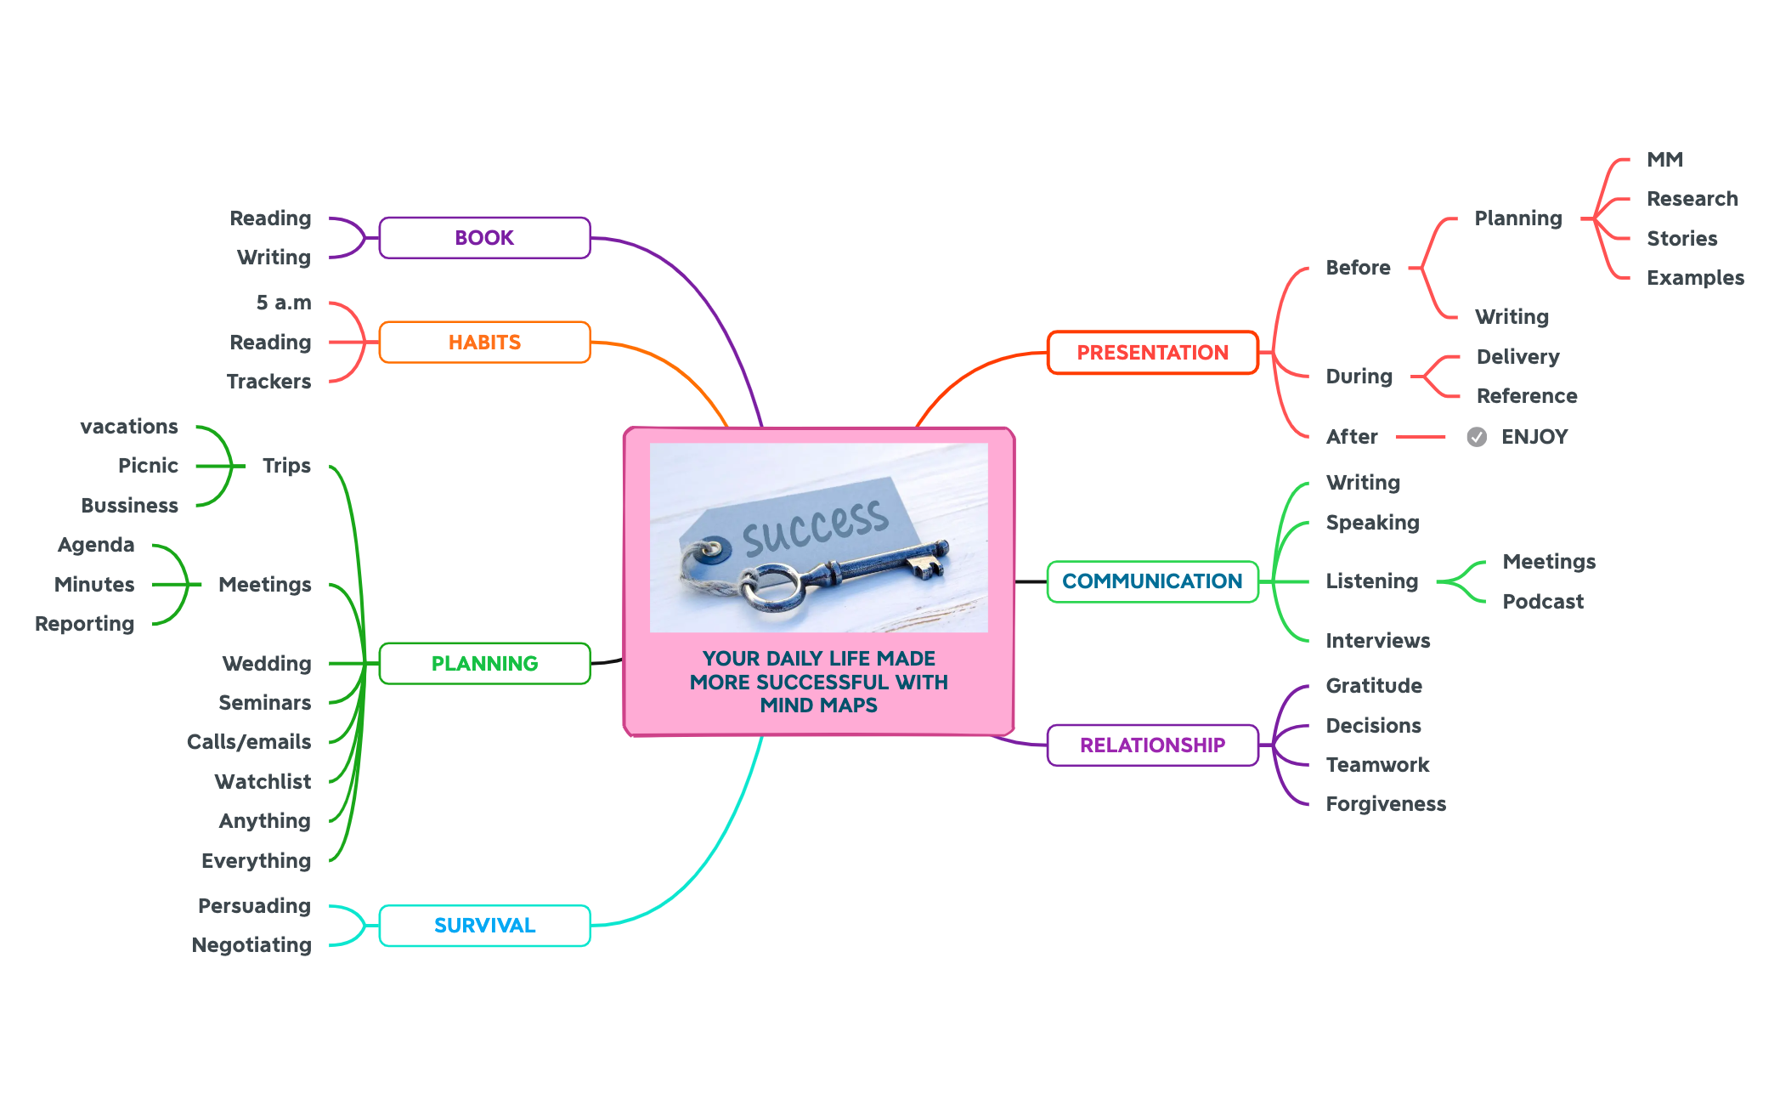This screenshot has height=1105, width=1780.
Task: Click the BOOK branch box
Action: tap(484, 238)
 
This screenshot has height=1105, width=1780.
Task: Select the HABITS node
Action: tap(484, 343)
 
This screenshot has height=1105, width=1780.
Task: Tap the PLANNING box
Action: tap(484, 664)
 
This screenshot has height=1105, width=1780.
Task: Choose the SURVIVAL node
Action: tap(484, 926)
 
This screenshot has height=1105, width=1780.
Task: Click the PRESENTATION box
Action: tap(1152, 353)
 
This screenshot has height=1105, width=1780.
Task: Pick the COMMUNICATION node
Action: tap(1152, 581)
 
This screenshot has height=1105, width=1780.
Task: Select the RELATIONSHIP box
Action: tap(1152, 745)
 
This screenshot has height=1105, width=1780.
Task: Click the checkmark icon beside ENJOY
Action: tap(1477, 437)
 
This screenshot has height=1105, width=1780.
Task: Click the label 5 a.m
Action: tap(284, 303)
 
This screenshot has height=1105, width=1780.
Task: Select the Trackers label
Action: tap(268, 382)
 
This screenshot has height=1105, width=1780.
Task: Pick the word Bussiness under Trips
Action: tap(129, 506)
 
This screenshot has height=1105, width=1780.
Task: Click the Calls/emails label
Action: tap(249, 742)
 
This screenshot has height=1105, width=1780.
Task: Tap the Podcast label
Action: tap(1543, 602)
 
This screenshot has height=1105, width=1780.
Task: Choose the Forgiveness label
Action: tap(1386, 804)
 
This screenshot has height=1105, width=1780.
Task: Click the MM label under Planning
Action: tap(1664, 160)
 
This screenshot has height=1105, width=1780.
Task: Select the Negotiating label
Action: tap(251, 945)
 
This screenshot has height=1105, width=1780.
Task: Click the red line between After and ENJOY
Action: tap(1420, 437)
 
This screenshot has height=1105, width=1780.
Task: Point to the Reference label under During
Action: tap(1527, 396)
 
